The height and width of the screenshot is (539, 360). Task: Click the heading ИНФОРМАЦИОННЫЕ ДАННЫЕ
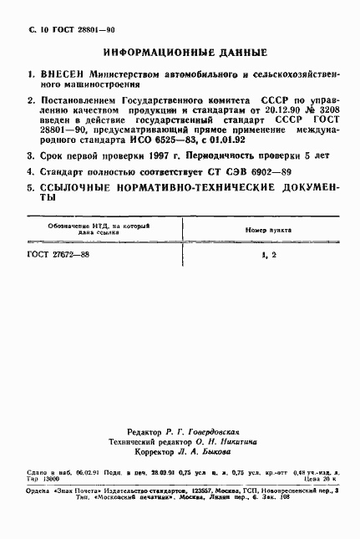click(x=175, y=51)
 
